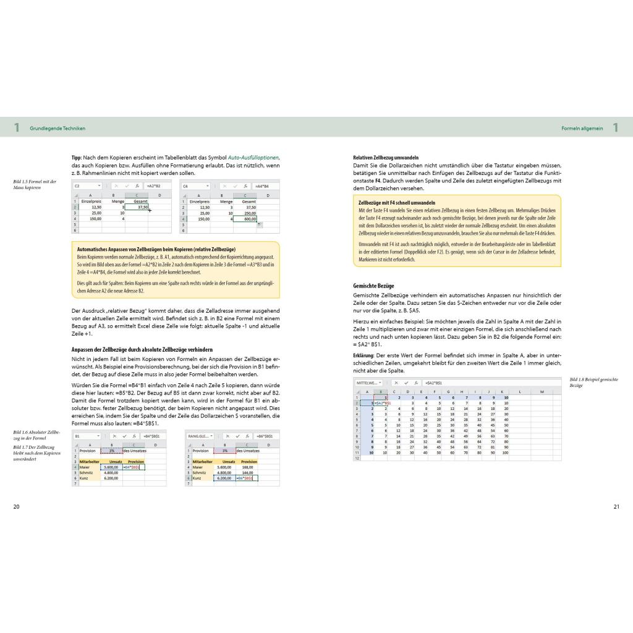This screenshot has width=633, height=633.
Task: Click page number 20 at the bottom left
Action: click(17, 507)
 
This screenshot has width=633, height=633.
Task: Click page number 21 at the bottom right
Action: click(616, 507)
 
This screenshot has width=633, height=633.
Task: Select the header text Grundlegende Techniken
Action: click(57, 128)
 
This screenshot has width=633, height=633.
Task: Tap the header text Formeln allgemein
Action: click(582, 128)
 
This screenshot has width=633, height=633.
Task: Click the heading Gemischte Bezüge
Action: click(373, 287)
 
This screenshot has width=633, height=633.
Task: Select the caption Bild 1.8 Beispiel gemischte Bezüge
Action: click(593, 382)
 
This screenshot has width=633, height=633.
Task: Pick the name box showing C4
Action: click(185, 185)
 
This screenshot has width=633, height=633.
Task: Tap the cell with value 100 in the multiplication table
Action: click(505, 452)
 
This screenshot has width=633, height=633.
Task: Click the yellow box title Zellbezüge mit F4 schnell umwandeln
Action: click(397, 202)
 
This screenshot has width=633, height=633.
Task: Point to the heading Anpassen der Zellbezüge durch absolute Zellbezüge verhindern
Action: click(142, 349)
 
